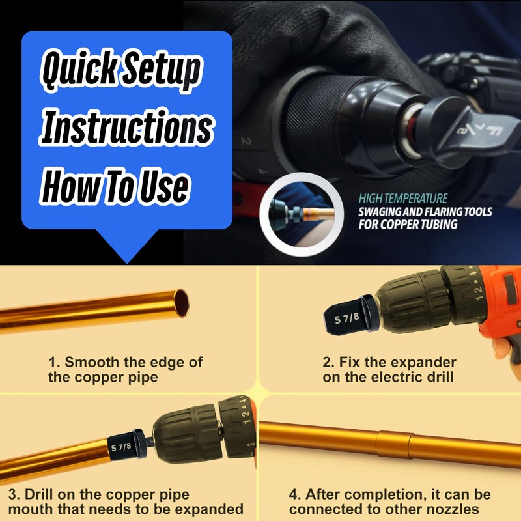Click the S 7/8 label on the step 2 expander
pos(346,319)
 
